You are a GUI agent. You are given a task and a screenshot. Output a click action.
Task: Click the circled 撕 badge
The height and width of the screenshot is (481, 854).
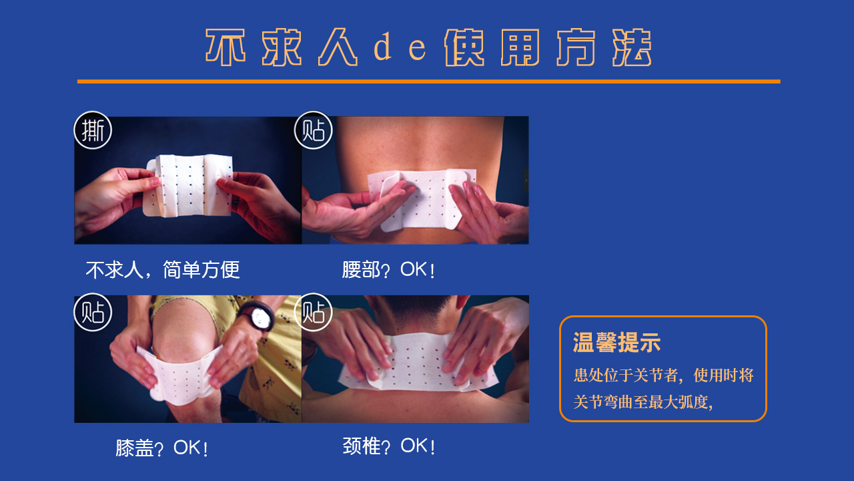93,130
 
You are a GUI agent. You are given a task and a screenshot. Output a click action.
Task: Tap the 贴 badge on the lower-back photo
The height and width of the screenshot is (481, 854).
314,130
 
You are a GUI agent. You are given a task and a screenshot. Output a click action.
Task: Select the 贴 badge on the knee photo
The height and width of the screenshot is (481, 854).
93,312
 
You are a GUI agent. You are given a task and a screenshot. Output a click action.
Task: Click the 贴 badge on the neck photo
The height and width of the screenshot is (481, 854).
314,312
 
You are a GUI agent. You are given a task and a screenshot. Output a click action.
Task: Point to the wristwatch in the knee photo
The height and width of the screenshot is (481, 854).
258,316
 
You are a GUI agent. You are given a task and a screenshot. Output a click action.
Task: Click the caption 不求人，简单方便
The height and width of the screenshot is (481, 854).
163,270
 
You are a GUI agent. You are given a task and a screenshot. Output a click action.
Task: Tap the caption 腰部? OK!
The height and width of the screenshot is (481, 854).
388,270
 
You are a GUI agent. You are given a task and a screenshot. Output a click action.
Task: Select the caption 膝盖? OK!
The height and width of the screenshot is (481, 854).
161,448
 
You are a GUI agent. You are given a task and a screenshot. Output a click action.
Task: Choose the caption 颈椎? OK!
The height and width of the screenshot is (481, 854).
388,446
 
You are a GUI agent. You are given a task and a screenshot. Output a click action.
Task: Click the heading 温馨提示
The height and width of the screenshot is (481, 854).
616,342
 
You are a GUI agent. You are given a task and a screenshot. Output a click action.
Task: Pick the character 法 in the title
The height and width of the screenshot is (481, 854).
632,47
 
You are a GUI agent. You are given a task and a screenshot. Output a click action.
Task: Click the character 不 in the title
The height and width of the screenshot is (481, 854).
226,47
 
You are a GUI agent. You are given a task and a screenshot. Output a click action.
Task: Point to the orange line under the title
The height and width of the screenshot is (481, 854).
429,82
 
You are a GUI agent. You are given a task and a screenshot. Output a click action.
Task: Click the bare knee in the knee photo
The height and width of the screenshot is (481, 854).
185,328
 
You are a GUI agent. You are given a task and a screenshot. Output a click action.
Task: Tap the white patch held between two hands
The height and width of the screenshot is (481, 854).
189,185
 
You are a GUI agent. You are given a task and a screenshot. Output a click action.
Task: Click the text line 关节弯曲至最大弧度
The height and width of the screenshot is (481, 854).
643,402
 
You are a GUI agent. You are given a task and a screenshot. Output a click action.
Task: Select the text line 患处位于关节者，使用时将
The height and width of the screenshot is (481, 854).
663,375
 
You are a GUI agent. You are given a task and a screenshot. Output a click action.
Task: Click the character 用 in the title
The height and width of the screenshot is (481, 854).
520,47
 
